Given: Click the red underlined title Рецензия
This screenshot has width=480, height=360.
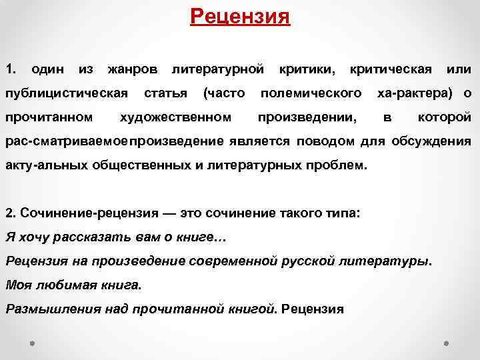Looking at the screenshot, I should click(240, 15).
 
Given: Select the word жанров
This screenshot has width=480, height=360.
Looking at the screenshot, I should click(133, 69).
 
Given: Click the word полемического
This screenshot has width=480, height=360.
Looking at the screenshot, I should click(311, 93).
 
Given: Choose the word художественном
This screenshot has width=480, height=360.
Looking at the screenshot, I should click(175, 117).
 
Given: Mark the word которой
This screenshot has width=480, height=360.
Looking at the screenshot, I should click(444, 117).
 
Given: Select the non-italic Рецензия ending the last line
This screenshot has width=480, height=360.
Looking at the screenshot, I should click(313, 309).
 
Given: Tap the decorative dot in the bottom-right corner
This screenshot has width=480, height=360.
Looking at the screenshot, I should click(447, 345).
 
